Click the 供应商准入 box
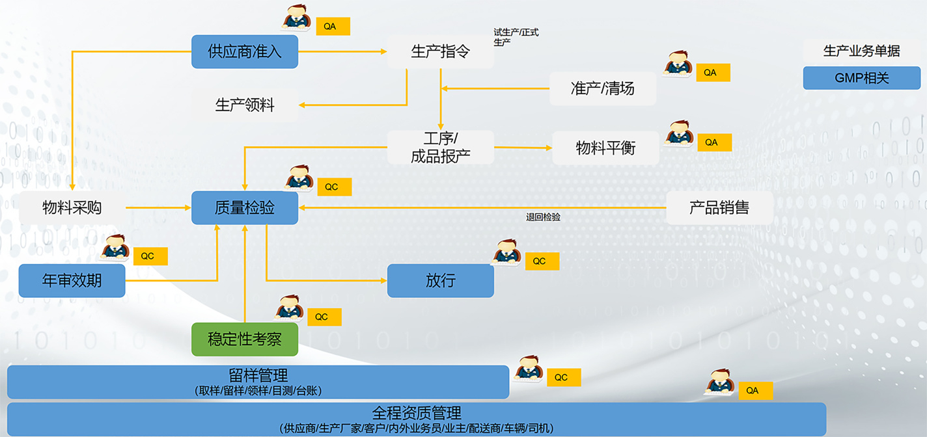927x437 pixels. click(x=245, y=51)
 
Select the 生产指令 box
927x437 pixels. click(x=441, y=51)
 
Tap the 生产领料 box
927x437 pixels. click(x=245, y=105)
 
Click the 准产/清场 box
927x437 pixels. click(x=603, y=88)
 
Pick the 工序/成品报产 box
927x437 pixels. click(x=441, y=147)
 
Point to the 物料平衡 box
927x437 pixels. click(x=605, y=148)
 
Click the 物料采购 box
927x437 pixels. click(x=72, y=207)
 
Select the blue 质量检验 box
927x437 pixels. click(x=245, y=207)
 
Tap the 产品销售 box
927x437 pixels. click(x=719, y=207)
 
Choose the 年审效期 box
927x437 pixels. click(x=72, y=280)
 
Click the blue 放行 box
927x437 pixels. click(x=441, y=280)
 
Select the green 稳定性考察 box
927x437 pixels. click(x=245, y=339)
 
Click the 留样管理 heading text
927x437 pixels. click(x=258, y=375)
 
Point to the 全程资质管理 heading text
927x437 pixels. click(x=417, y=412)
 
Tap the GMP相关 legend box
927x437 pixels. click(x=861, y=78)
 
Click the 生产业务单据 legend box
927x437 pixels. click(x=861, y=51)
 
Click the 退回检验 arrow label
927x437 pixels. click(x=543, y=217)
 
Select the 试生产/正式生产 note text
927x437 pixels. click(x=516, y=36)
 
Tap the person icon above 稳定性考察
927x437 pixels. click(x=288, y=308)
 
